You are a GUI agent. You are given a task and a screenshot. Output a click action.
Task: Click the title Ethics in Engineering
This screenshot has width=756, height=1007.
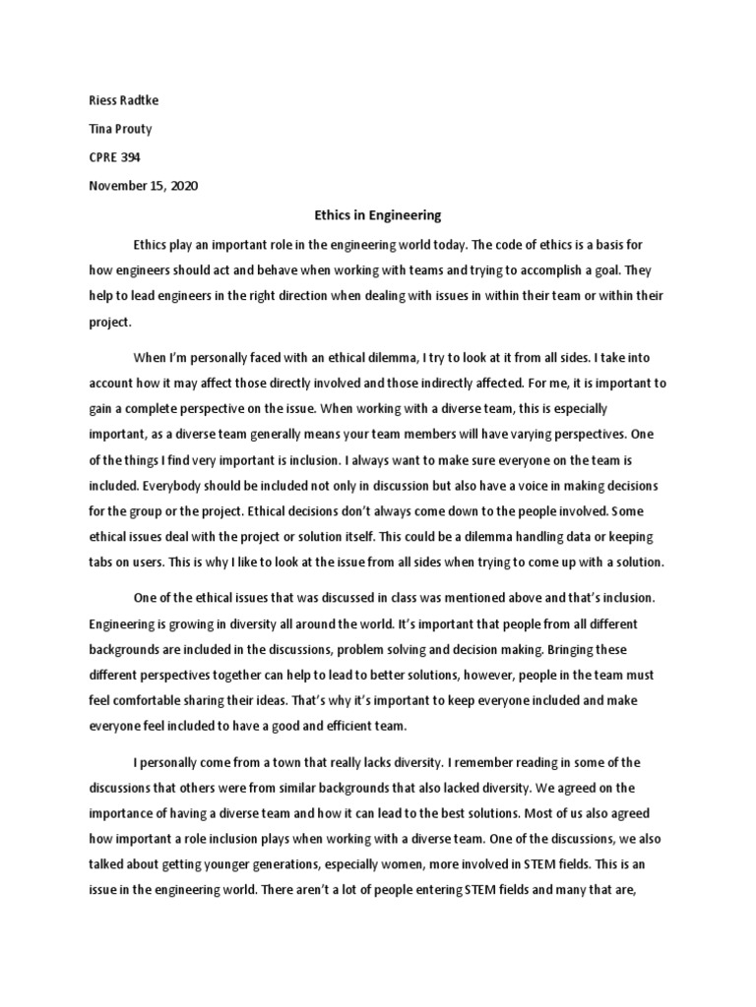(377, 214)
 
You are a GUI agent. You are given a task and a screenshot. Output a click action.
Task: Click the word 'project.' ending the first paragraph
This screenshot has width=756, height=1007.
(102, 321)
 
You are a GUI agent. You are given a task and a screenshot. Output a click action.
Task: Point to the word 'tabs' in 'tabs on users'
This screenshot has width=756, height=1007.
(102, 563)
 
